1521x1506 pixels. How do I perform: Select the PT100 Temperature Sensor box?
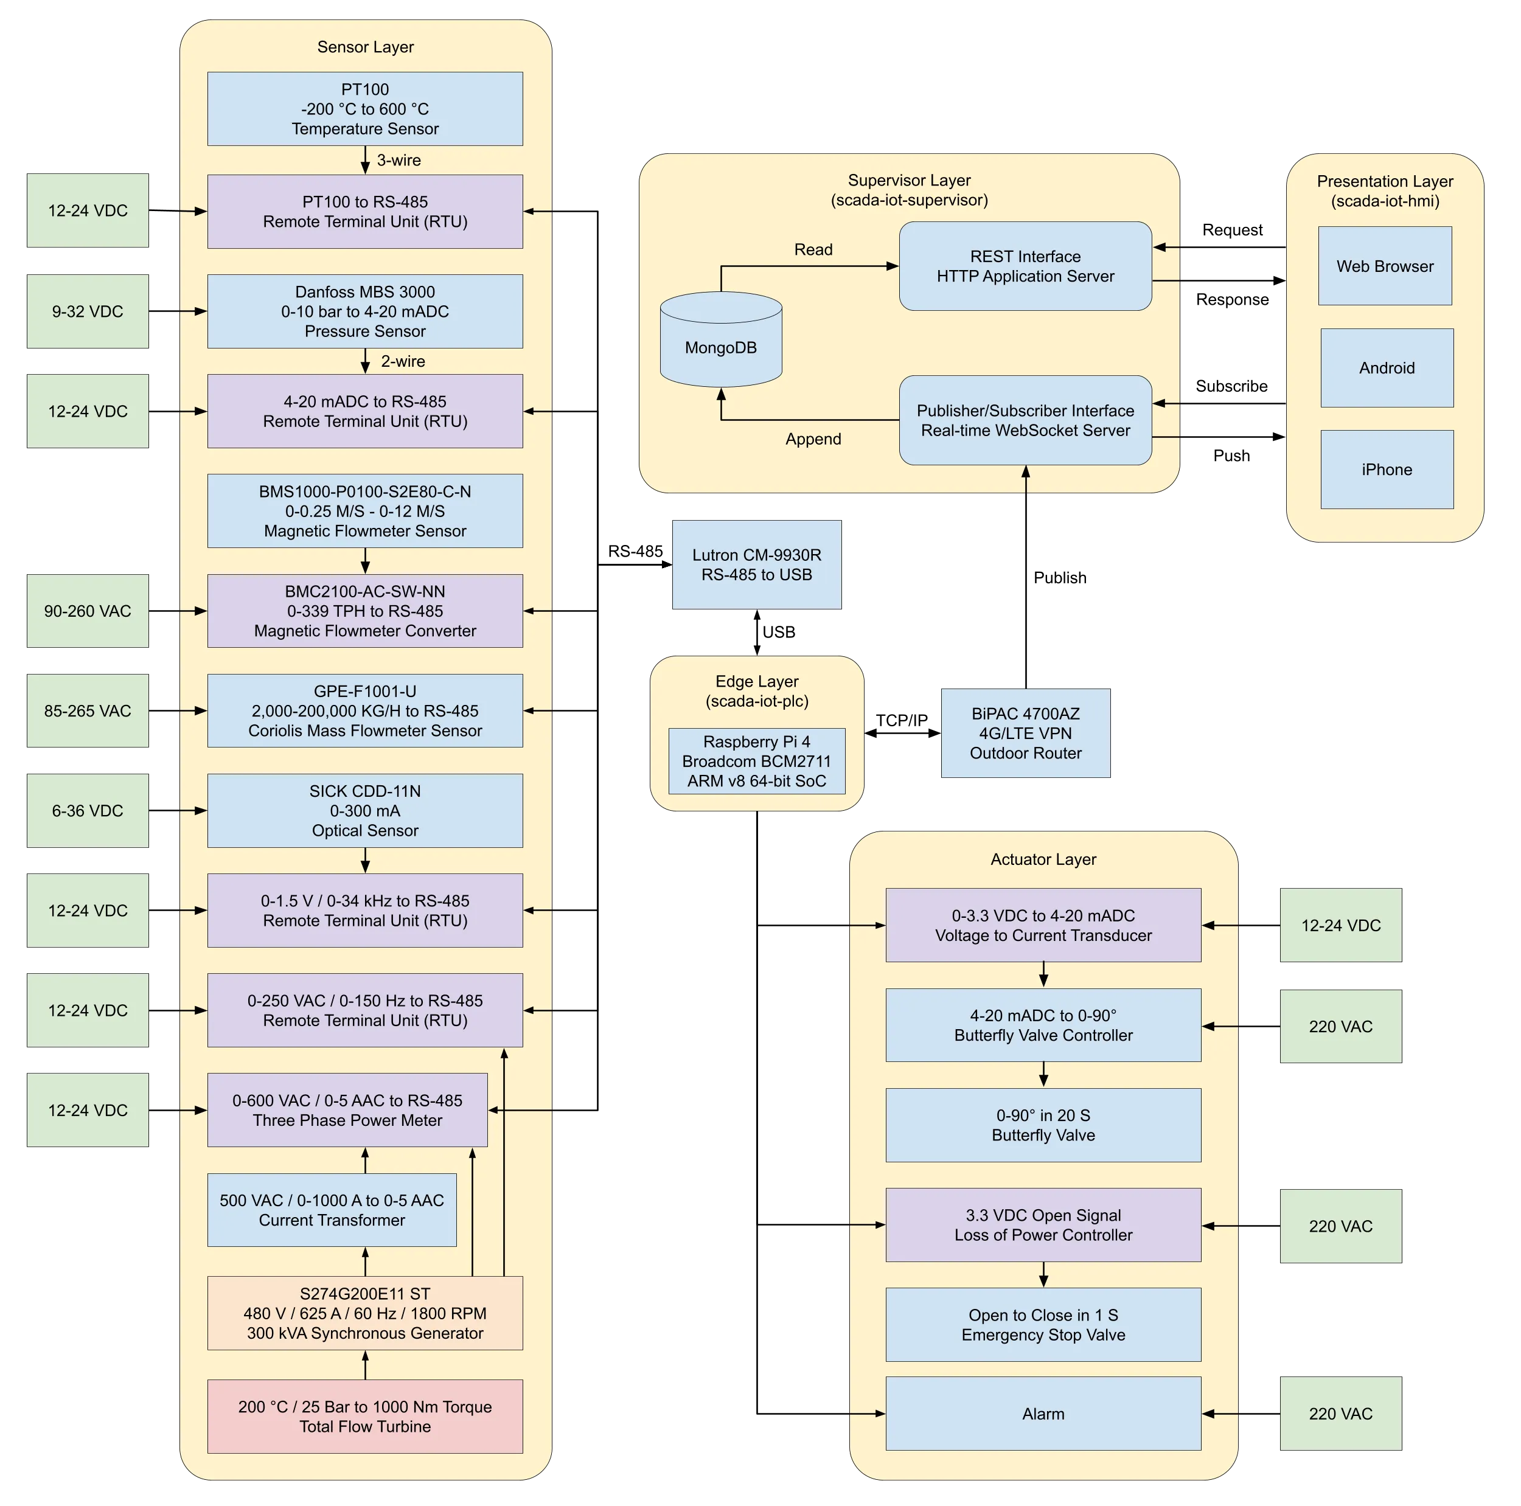click(x=364, y=109)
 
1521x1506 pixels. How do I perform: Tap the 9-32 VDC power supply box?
click(x=88, y=311)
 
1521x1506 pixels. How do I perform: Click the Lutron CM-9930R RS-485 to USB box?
click(x=757, y=564)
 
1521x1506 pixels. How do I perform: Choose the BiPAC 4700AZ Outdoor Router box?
click(x=1025, y=733)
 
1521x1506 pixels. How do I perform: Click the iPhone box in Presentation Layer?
click(x=1387, y=469)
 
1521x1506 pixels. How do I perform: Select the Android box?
click(x=1387, y=367)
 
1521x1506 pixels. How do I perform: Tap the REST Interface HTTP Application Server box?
click(x=1025, y=266)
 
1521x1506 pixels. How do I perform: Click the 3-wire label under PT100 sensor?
click(x=399, y=160)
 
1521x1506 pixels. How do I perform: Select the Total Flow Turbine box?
click(x=364, y=1416)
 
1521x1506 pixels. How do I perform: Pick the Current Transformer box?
click(x=332, y=1210)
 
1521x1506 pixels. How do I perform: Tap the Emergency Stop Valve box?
click(x=1043, y=1325)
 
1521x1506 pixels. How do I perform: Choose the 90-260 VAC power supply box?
click(x=88, y=611)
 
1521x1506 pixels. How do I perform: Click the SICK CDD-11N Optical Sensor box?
click(x=364, y=810)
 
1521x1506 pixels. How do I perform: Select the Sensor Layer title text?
click(x=365, y=46)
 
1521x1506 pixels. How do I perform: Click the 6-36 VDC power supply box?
click(x=88, y=811)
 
